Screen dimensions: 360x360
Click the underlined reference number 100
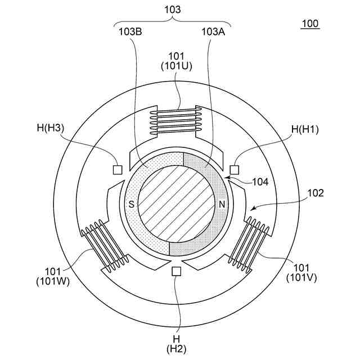tap(309, 24)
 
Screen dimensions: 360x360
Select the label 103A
tap(213, 32)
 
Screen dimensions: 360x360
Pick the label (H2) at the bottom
tap(177, 349)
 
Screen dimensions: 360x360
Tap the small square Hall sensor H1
tap(235, 169)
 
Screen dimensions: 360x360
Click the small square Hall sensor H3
tap(118, 169)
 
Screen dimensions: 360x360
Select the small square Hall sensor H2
tap(177, 271)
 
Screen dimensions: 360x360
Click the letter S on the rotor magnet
tap(132, 204)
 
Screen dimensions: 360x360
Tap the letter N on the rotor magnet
tap(222, 204)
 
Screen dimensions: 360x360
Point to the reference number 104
tap(260, 182)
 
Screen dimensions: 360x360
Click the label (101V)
tap(298, 277)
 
